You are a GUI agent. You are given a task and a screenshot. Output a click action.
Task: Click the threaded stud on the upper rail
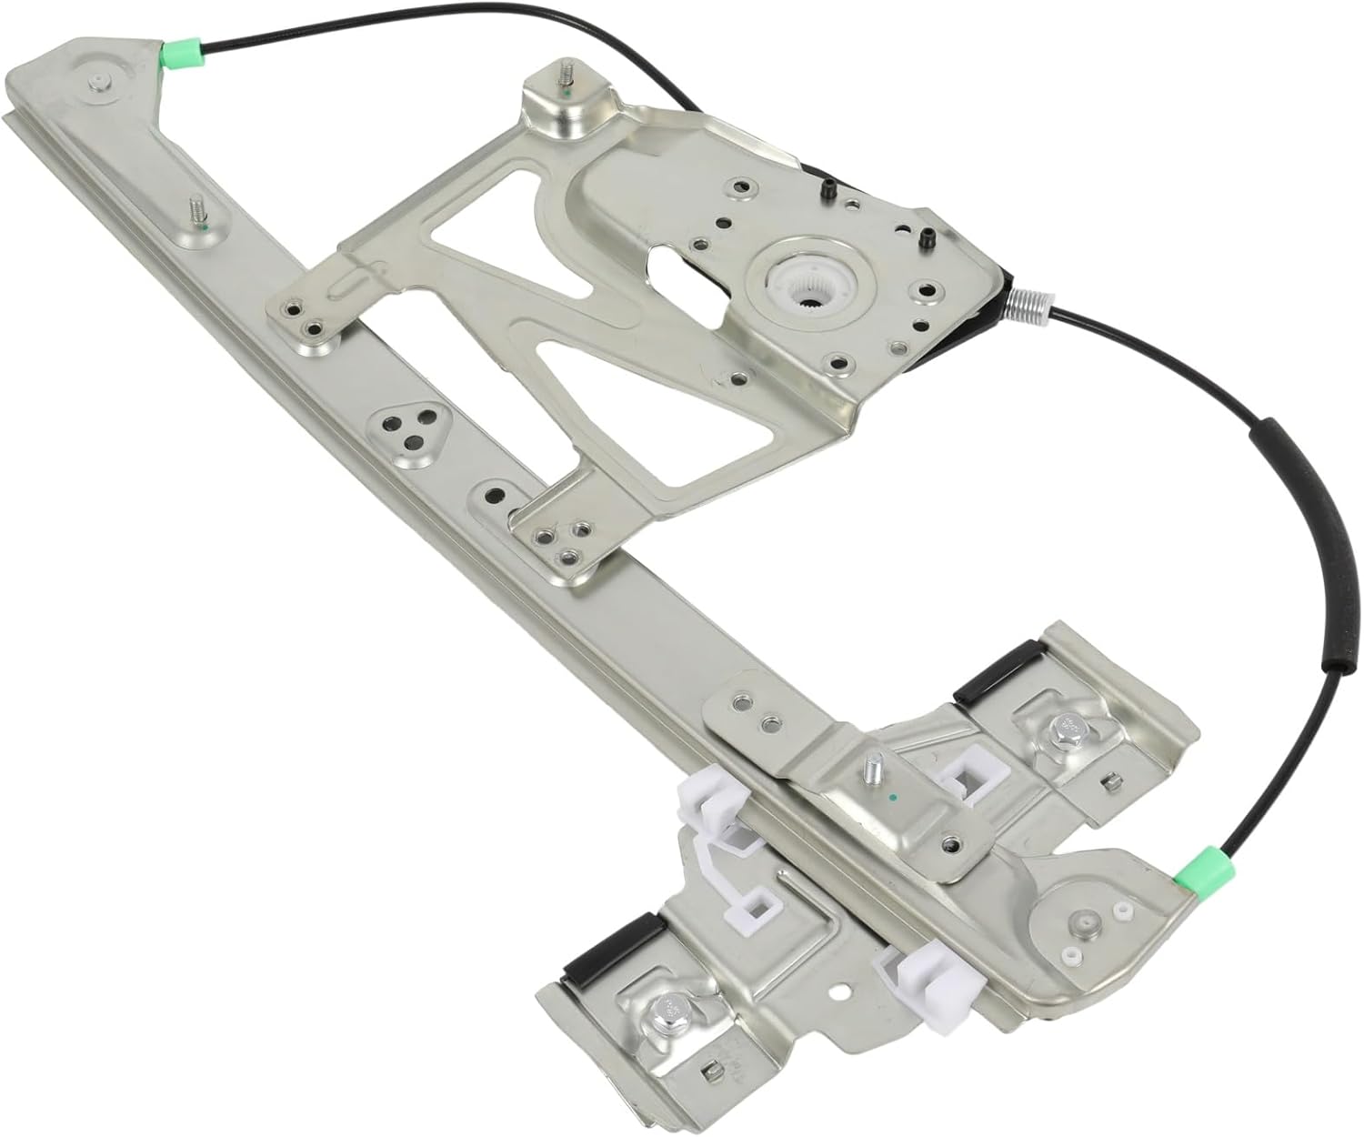(x=196, y=212)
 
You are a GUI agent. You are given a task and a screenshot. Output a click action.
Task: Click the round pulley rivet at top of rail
(x=95, y=83)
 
